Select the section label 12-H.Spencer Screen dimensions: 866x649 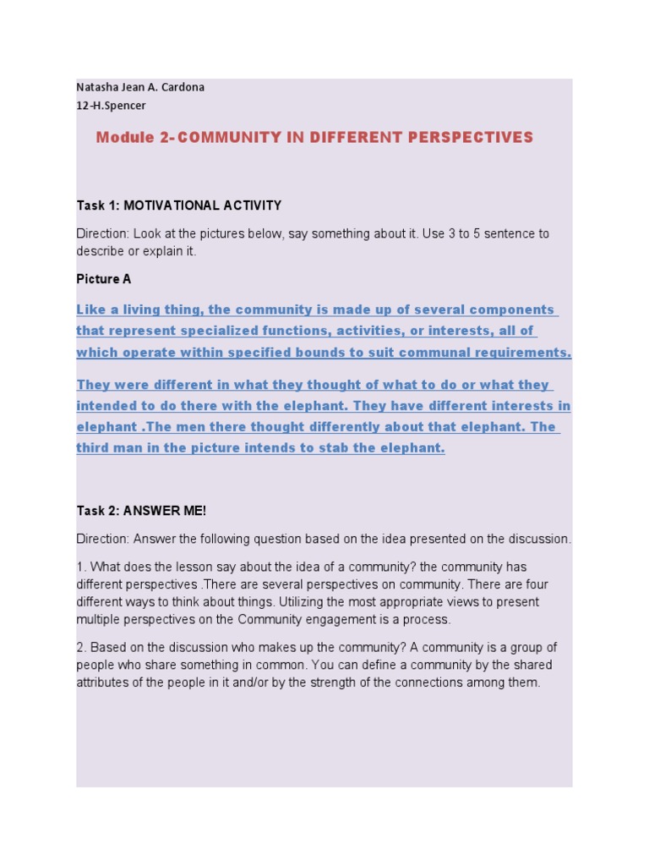111,106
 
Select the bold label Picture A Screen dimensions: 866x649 104,279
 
